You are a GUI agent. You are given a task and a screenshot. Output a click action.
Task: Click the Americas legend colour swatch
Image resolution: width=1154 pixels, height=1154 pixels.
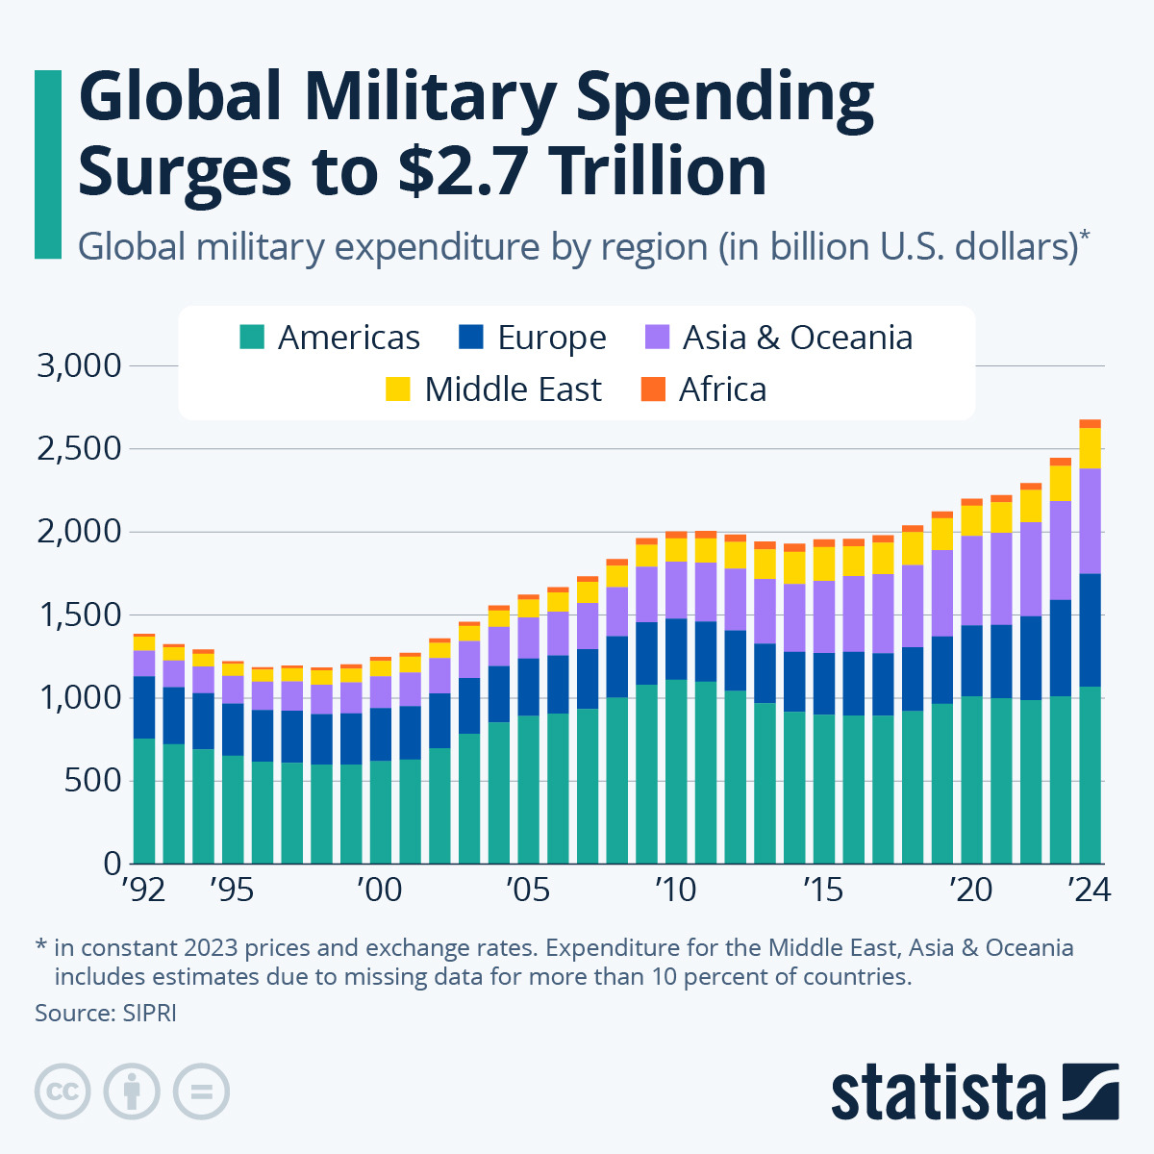252,338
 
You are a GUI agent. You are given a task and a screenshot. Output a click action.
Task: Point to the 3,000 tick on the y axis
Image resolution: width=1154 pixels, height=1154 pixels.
79,366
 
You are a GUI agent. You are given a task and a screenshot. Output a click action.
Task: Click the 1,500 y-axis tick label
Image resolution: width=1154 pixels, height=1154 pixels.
79,615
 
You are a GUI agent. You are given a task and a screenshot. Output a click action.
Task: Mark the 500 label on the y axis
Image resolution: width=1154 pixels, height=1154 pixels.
94,780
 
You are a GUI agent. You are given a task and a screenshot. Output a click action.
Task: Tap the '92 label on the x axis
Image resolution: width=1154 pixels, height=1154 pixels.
143,891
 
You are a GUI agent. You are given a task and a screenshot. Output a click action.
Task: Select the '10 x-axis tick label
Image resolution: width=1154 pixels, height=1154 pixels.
676,891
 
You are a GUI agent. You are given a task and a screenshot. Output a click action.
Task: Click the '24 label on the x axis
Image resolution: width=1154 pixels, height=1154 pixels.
1091,891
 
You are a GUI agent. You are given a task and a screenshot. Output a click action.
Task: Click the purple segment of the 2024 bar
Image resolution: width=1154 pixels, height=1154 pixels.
1090,520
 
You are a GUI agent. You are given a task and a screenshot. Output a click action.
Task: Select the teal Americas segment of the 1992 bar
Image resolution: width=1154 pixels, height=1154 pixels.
144,798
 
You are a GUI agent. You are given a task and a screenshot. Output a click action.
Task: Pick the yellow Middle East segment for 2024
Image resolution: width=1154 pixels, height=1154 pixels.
1090,448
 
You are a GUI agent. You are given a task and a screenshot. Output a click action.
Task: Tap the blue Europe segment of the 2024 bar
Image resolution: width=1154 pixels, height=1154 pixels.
1090,630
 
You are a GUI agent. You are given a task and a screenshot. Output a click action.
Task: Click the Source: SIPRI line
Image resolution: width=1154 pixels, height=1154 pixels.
106,1013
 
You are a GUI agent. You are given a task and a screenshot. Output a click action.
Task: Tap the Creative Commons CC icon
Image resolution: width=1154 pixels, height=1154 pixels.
63,1091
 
